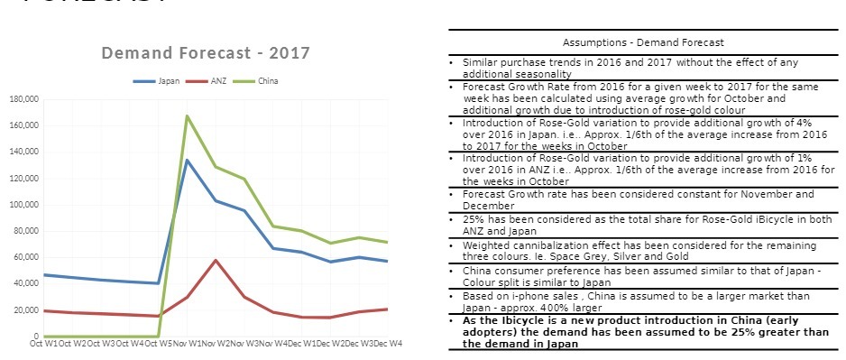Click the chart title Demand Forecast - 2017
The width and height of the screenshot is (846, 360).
(206, 53)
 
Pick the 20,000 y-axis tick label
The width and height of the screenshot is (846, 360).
(23, 310)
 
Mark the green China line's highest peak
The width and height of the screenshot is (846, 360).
(187, 115)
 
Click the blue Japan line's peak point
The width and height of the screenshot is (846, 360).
(187, 160)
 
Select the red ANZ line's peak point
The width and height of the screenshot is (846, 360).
(215, 260)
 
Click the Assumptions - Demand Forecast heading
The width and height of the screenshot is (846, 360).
(643, 42)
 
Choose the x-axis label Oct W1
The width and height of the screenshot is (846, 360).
(44, 343)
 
